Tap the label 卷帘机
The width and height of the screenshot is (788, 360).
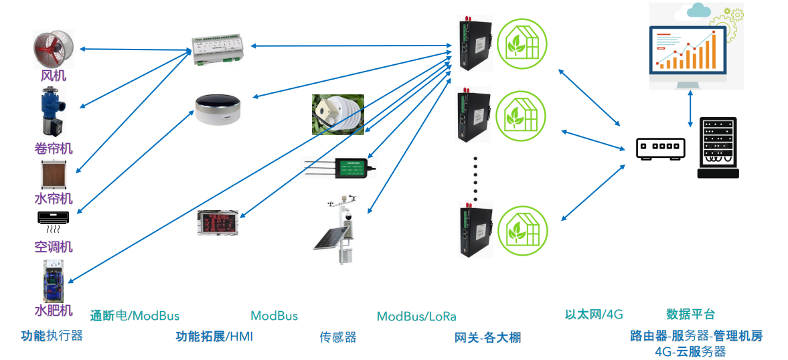point(54,148)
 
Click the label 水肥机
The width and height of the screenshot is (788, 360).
point(54,310)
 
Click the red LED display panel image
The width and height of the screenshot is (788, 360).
point(218,223)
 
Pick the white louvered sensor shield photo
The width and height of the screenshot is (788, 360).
point(337,114)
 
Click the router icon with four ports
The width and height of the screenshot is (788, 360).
point(661,149)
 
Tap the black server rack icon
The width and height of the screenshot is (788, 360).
point(718,148)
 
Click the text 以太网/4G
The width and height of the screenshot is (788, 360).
point(594,314)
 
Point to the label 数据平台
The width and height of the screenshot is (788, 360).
point(690,314)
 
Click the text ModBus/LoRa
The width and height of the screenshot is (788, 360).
point(416,316)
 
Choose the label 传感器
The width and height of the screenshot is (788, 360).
point(338,337)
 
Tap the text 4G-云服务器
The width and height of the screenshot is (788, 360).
point(690,351)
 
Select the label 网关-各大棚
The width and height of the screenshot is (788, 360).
point(487,337)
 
